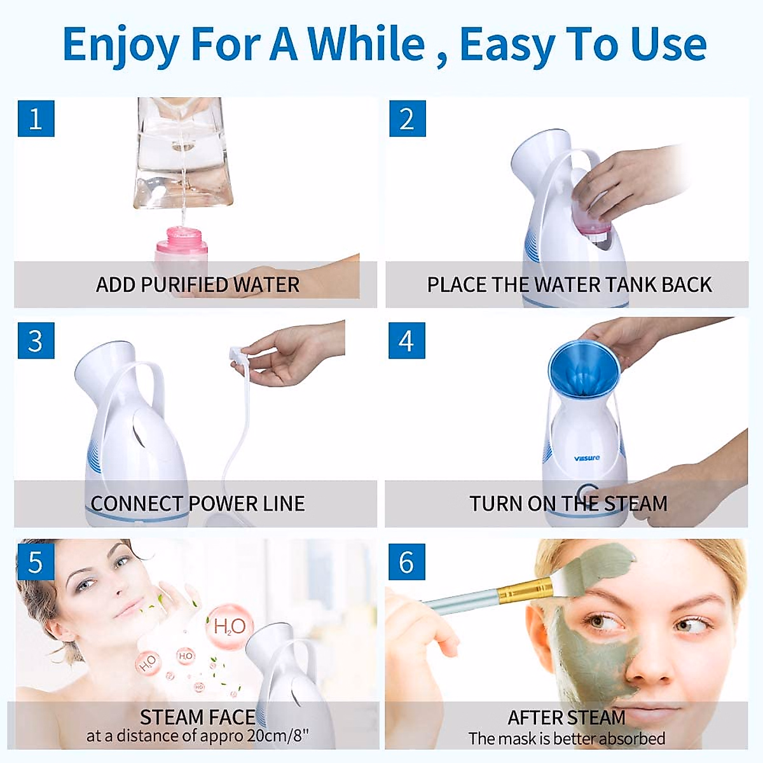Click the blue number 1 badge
[x=36, y=118]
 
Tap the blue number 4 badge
[x=406, y=341]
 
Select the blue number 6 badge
[x=406, y=562]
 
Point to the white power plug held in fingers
[x=237, y=354]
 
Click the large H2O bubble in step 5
[x=229, y=627]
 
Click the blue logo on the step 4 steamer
[x=586, y=458]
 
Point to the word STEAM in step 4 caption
[x=635, y=504]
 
